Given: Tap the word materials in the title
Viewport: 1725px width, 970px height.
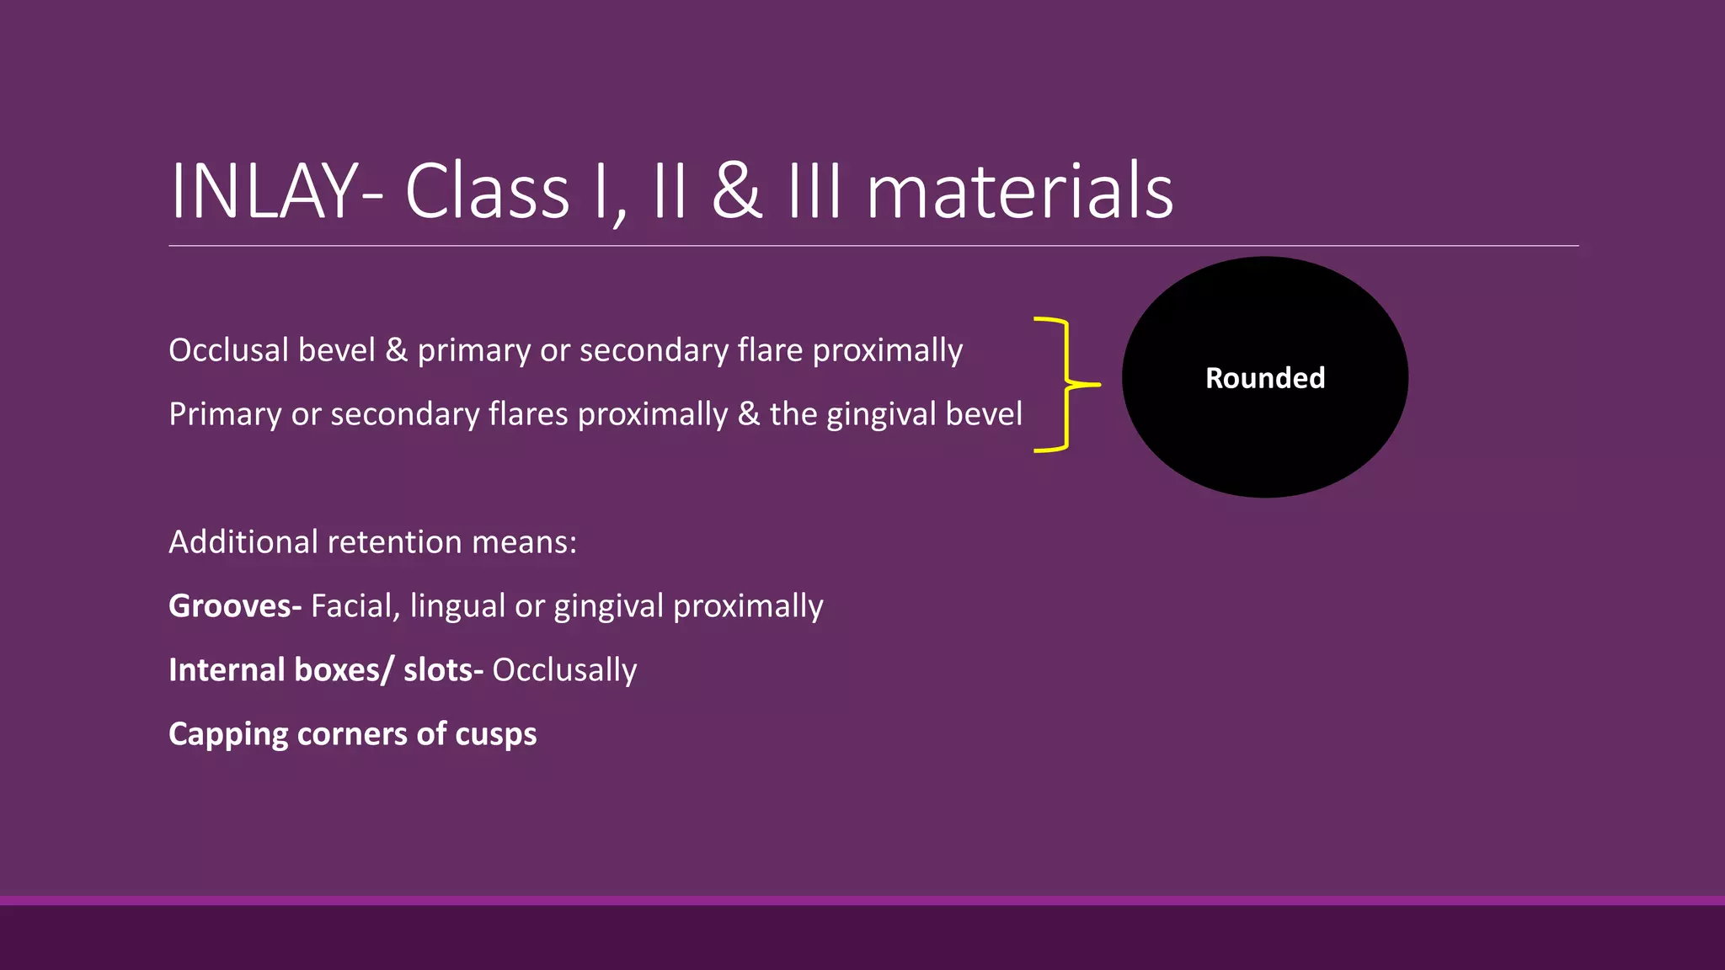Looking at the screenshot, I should click(x=1019, y=192).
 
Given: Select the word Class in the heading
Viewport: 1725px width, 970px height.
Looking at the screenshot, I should click(x=487, y=192).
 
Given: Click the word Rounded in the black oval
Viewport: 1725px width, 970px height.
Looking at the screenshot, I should click(x=1265, y=378).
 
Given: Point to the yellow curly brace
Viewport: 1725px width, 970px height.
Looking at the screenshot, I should click(x=1065, y=385).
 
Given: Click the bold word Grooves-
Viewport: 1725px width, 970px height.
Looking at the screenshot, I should click(x=235, y=606).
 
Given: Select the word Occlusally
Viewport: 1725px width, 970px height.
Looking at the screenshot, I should click(x=564, y=670).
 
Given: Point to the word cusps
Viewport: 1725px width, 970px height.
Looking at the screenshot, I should click(x=495, y=734).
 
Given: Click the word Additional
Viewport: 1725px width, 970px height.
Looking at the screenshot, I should click(x=243, y=542).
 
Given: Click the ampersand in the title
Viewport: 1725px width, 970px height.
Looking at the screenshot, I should click(x=737, y=192).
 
